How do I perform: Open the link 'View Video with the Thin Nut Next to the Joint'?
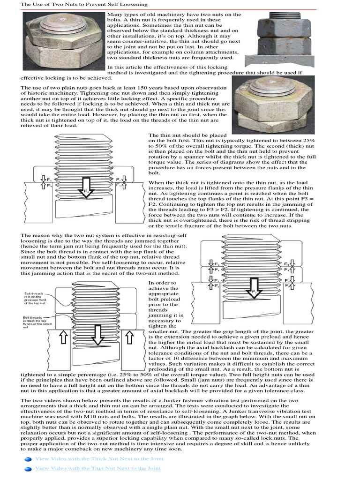tap(98, 468)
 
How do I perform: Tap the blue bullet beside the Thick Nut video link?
tap(27, 459)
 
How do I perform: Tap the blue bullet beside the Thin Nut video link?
tap(27, 468)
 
